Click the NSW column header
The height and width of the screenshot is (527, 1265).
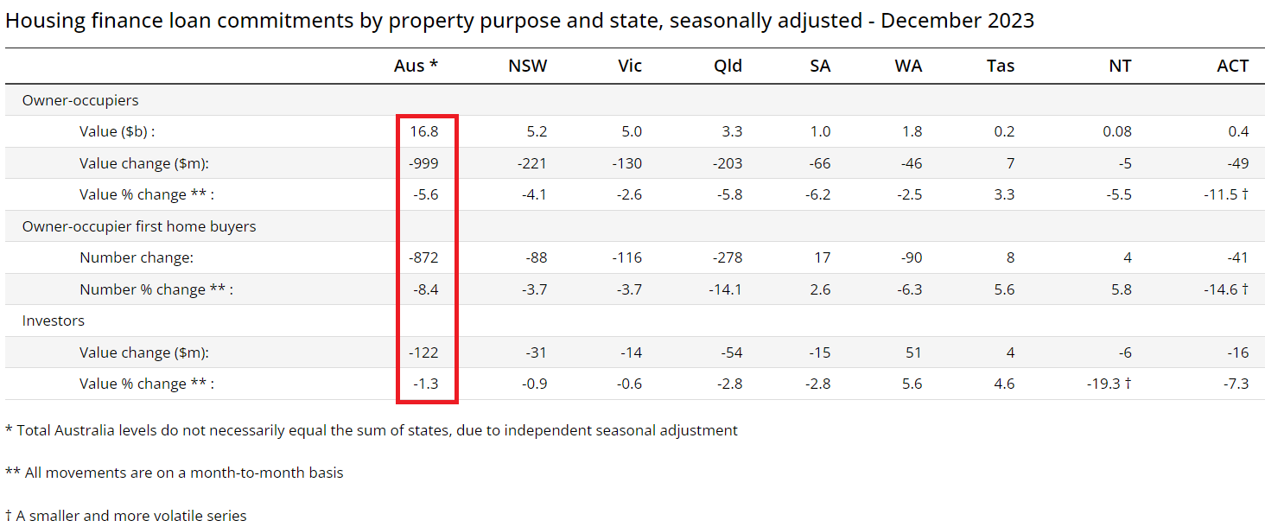click(527, 67)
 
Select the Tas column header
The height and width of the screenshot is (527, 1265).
click(1000, 67)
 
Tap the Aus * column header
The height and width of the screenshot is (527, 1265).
click(416, 67)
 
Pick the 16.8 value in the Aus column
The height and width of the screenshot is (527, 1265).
click(426, 132)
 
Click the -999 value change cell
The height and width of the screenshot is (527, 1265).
click(424, 163)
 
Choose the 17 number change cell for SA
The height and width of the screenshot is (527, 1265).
click(822, 257)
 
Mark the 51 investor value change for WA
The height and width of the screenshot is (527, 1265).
click(913, 352)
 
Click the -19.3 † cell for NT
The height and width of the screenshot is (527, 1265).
click(1109, 384)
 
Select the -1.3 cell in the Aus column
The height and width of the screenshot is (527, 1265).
click(425, 384)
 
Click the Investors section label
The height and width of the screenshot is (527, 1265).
click(54, 321)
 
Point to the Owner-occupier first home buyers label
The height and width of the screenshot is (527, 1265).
click(139, 226)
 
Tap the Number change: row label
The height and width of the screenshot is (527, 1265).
click(137, 257)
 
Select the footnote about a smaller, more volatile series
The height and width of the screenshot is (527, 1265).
click(126, 516)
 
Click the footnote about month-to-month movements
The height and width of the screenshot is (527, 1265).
click(175, 473)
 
